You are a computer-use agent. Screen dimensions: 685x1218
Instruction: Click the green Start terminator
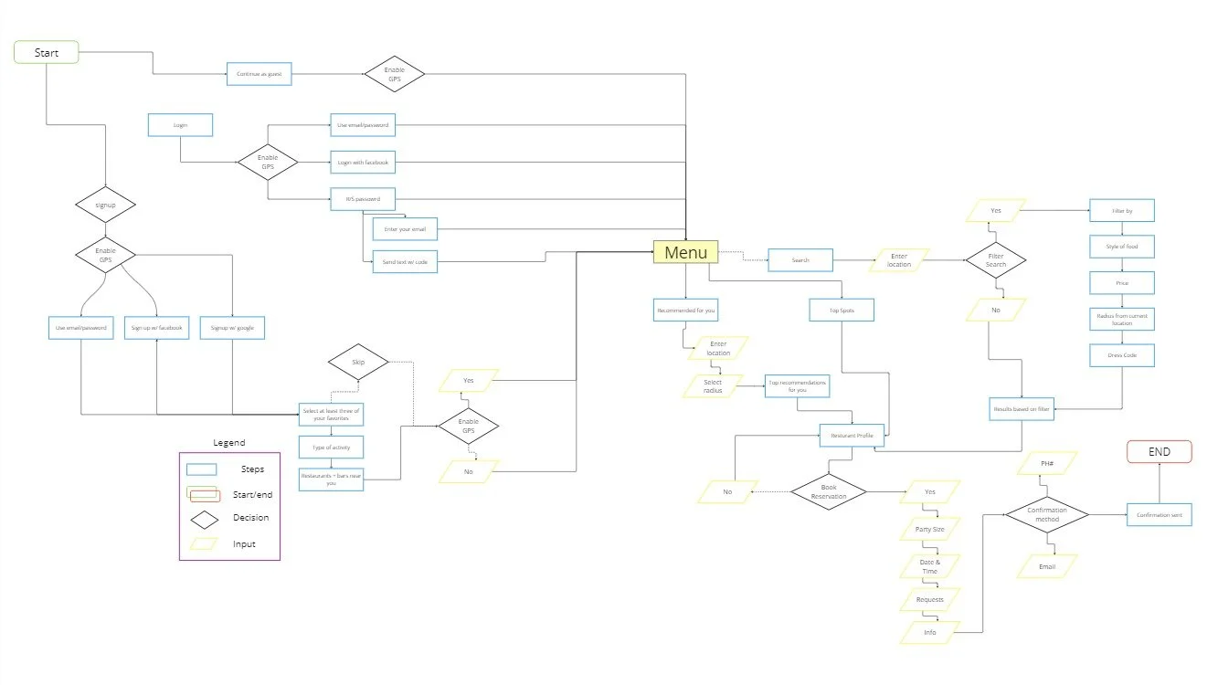click(47, 53)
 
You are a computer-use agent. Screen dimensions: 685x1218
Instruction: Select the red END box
click(1160, 451)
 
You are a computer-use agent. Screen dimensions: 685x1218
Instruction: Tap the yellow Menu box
click(685, 252)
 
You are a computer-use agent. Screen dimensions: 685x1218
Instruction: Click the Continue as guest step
click(259, 75)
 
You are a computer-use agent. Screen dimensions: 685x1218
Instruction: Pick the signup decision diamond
click(105, 205)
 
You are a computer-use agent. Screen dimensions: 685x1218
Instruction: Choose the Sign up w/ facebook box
click(157, 328)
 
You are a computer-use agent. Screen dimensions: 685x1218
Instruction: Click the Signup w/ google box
click(232, 328)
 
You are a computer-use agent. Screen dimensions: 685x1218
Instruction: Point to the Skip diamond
click(358, 363)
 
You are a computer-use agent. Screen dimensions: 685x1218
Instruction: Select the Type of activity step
click(332, 447)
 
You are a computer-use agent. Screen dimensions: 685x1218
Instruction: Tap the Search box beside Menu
click(800, 261)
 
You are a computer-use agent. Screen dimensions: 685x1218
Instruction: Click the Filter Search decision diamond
click(996, 260)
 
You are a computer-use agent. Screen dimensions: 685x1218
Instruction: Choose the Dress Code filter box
click(1122, 354)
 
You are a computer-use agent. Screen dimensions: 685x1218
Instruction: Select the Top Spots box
click(842, 311)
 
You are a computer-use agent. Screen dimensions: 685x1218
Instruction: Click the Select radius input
click(713, 386)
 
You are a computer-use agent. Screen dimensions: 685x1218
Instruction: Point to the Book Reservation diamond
click(829, 491)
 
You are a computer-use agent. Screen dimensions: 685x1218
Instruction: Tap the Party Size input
click(930, 530)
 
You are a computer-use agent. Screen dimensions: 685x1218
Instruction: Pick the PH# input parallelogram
click(1047, 463)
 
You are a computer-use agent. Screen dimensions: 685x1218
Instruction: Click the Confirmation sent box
click(1160, 515)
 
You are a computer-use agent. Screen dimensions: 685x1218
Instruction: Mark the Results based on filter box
click(1022, 409)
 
